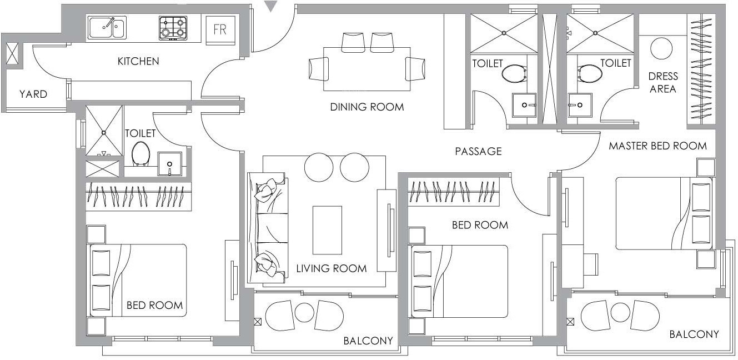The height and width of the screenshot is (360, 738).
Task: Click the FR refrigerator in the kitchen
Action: [220, 29]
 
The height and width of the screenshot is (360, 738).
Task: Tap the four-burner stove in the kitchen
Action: [173, 28]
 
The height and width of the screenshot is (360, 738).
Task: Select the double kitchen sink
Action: [107, 27]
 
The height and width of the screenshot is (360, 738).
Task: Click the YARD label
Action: [33, 94]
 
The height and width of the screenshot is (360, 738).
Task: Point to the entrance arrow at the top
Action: [270, 7]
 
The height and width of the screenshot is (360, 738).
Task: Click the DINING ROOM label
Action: [367, 107]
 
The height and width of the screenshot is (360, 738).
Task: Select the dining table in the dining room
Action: [367, 69]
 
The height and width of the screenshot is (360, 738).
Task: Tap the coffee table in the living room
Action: [327, 230]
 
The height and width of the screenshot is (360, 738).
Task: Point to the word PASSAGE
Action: [478, 151]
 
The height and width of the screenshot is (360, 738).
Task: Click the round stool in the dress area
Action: [661, 49]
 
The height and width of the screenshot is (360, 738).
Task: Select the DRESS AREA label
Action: [662, 82]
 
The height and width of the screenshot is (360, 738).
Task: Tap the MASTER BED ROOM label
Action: [657, 146]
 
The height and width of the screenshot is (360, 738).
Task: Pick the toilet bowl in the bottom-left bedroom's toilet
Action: [140, 153]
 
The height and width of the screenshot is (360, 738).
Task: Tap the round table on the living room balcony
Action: [304, 313]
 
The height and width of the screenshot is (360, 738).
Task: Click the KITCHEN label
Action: [138, 61]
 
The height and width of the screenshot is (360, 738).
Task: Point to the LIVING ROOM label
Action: [331, 268]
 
